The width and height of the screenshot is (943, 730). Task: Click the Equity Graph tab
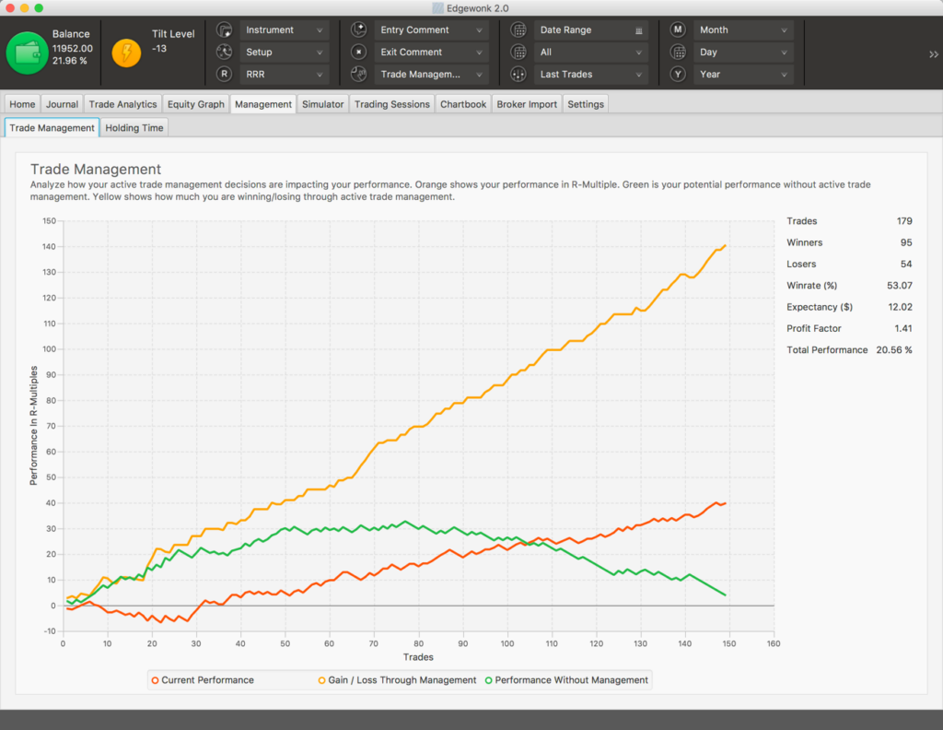tap(195, 104)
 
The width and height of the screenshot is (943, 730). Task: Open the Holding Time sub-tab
tap(134, 128)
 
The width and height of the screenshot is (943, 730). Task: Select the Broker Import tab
tap(527, 104)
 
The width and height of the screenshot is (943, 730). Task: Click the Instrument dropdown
tap(284, 30)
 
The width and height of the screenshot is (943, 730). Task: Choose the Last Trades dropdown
tap(590, 75)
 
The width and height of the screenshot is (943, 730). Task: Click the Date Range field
tap(590, 30)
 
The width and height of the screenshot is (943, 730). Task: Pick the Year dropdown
tap(743, 75)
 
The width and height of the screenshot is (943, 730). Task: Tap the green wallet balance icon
tap(26, 53)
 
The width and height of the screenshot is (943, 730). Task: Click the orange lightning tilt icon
tap(126, 53)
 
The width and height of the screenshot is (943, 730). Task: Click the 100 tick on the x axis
tap(506, 643)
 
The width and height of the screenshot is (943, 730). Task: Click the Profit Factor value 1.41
tap(903, 328)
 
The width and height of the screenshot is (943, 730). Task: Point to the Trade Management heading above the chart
tap(96, 170)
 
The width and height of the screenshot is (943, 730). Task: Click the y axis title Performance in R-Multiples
tap(34, 425)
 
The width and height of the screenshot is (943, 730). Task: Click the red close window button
tap(11, 7)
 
